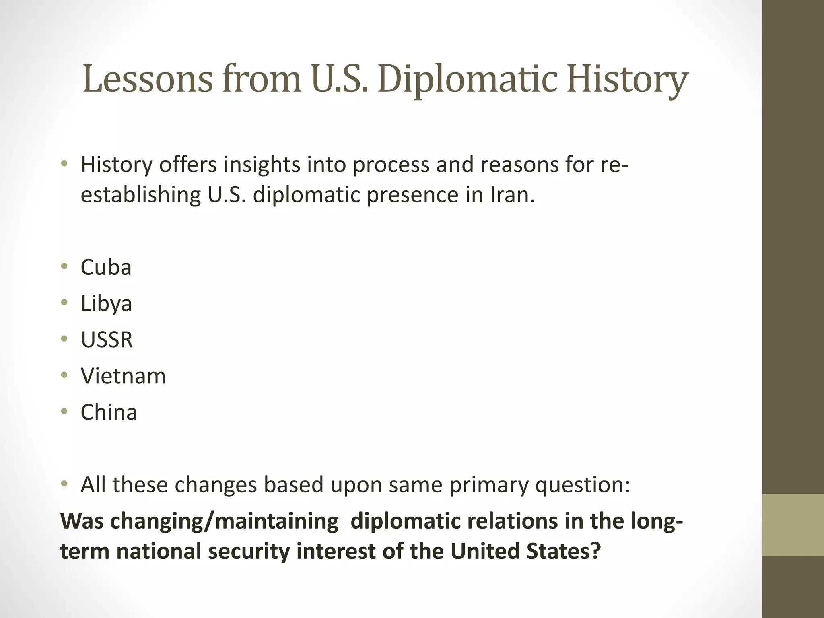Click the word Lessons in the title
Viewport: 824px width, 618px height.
coord(147,79)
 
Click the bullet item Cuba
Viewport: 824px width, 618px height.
coord(106,267)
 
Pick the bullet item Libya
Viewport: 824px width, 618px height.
coord(106,304)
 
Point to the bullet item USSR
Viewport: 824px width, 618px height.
coord(107,340)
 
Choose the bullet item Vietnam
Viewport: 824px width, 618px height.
coord(123,376)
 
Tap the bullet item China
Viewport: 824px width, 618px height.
coord(109,412)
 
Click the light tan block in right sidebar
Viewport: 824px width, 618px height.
coord(793,525)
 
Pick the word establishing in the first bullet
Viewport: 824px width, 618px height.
coord(141,195)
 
